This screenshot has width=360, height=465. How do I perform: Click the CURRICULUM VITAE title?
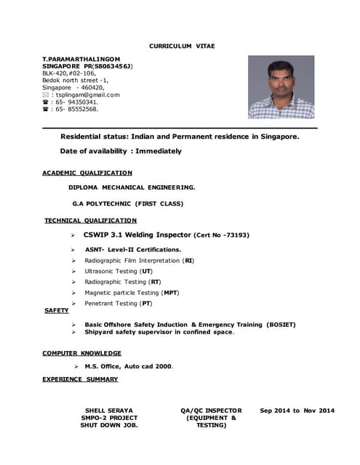(x=182, y=46)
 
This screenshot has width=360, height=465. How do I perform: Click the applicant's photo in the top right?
(x=281, y=87)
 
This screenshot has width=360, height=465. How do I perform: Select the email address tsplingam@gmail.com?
(x=85, y=94)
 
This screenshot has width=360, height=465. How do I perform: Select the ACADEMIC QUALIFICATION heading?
(x=87, y=173)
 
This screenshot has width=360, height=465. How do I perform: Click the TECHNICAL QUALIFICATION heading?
(x=90, y=220)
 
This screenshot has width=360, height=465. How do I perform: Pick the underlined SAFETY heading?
(x=57, y=310)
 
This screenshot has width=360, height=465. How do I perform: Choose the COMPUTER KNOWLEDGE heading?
(x=81, y=353)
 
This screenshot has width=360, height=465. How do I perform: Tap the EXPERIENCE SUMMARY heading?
(x=80, y=379)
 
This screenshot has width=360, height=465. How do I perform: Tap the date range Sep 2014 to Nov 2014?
(x=297, y=411)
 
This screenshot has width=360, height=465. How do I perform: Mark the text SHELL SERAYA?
(x=109, y=411)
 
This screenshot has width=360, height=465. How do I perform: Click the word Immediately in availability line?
(x=159, y=151)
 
